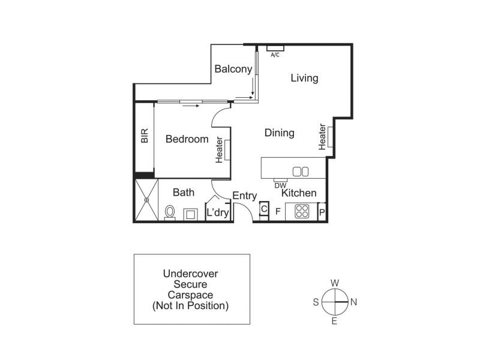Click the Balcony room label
tap(233, 69)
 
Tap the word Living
tap(304, 78)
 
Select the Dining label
tap(279, 133)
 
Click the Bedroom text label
tap(187, 139)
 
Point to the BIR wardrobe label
tap(145, 136)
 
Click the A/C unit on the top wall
tap(275, 48)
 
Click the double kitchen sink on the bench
tap(300, 172)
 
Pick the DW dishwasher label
tap(280, 185)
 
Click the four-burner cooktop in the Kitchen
tap(301, 212)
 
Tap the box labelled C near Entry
tap(263, 209)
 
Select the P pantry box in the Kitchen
tap(322, 212)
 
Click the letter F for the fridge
tap(278, 211)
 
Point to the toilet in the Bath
tap(170, 212)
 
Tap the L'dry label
tap(218, 212)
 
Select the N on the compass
tap(353, 302)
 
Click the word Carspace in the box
tap(191, 295)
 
